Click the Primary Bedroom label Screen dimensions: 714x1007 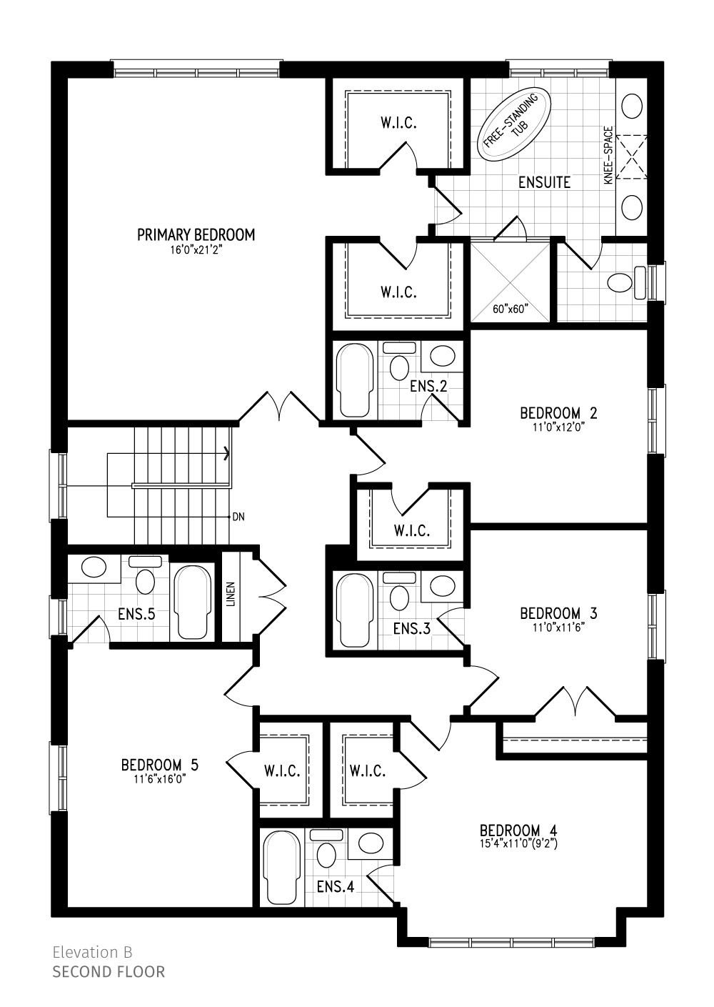pyautogui.click(x=196, y=234)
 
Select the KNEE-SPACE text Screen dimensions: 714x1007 pyautogui.click(x=608, y=155)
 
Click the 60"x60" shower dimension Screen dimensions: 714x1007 pyautogui.click(x=510, y=309)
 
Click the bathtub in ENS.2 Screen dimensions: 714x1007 pyautogui.click(x=355, y=380)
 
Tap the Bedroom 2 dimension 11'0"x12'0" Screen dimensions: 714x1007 pyautogui.click(x=558, y=427)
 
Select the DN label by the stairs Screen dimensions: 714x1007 pyautogui.click(x=239, y=517)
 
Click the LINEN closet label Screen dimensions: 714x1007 pyautogui.click(x=231, y=595)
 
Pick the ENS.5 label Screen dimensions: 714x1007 pyautogui.click(x=136, y=614)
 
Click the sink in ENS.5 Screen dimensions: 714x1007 pyautogui.click(x=94, y=567)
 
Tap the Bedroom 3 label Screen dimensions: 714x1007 pyautogui.click(x=558, y=613)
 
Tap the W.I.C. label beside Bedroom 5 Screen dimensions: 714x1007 pyautogui.click(x=282, y=771)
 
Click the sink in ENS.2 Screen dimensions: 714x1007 pyautogui.click(x=442, y=356)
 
